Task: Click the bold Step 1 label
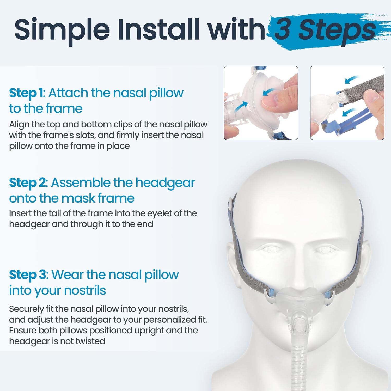coord(26,93)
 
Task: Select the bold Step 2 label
coord(28,183)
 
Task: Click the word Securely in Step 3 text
coord(27,309)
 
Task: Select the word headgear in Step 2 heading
coord(165,183)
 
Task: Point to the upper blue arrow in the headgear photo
coord(352,79)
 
